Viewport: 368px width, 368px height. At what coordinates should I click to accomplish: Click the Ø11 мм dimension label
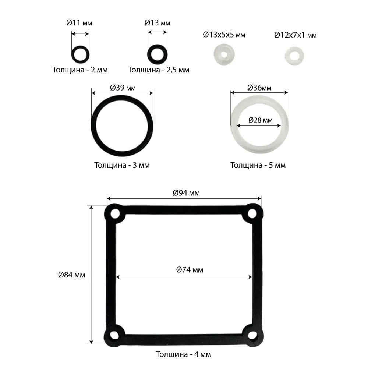pos(79,23)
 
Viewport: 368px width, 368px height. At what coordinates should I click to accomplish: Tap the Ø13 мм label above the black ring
pos(157,23)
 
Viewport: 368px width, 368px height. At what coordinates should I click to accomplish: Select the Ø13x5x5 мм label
pos(224,35)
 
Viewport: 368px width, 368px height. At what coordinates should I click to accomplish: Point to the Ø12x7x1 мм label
pos(295,35)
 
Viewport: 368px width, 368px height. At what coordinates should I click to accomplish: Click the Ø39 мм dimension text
pos(123,88)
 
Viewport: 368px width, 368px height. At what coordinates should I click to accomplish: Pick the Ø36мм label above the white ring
pos(259,88)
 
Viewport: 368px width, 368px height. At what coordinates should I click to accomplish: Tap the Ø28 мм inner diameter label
pos(260,120)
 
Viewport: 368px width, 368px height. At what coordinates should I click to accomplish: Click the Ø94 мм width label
pos(186,193)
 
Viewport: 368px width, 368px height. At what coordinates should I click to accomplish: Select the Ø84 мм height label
pos(72,275)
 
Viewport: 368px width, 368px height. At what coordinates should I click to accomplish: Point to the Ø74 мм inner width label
pos(190,270)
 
